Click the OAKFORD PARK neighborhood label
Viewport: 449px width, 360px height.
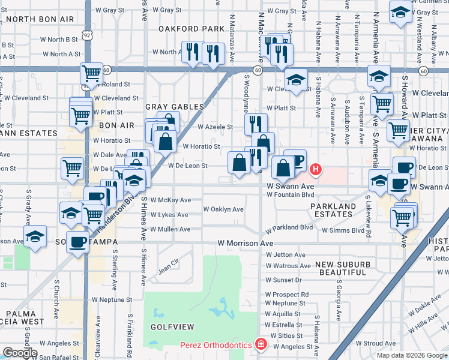coord(191,28)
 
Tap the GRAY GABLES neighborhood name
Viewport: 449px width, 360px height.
coord(175,106)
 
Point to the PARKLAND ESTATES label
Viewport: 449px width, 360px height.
coord(333,210)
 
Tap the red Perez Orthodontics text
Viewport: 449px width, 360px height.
coord(215,346)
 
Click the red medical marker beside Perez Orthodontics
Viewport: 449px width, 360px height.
coord(261,345)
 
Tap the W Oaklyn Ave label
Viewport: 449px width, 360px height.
coord(223,209)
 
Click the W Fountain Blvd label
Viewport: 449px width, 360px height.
coord(291,195)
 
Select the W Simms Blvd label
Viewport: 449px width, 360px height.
coord(343,230)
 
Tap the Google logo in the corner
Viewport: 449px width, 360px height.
coord(20,353)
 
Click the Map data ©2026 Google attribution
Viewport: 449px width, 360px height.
coord(411,355)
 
